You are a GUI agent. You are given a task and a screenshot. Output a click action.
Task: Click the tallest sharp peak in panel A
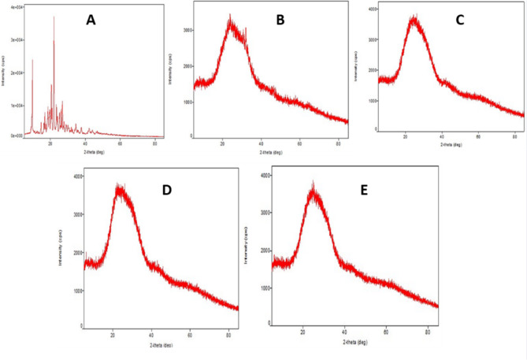(54, 18)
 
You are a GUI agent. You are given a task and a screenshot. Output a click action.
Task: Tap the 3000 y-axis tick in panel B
(186, 31)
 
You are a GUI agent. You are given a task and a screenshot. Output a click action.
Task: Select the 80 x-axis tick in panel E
(426, 332)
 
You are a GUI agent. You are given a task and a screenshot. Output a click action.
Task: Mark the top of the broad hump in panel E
(314, 187)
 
